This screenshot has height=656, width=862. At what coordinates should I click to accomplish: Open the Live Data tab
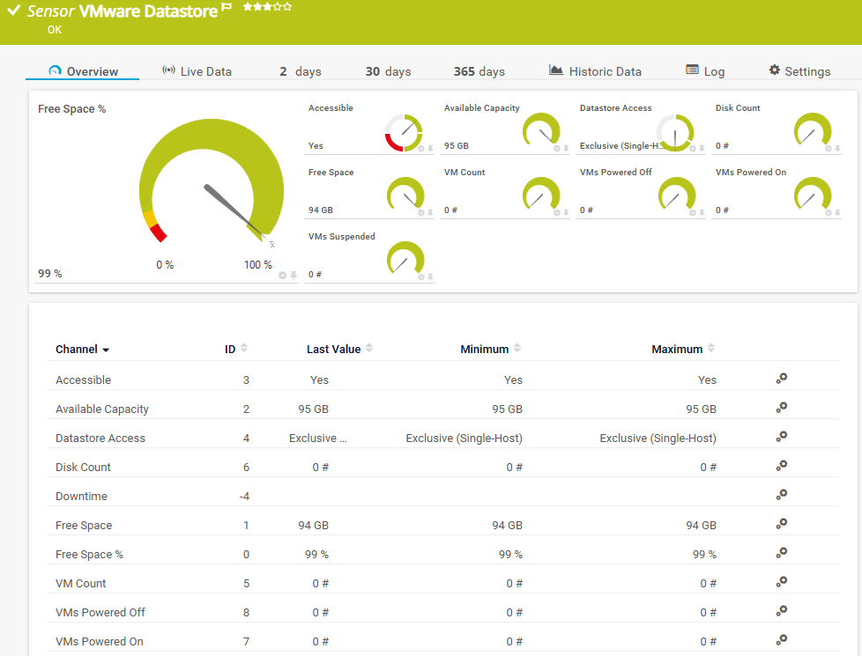point(197,71)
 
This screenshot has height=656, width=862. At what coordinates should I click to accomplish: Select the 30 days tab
point(388,71)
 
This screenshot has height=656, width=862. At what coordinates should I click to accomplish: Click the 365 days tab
point(479,71)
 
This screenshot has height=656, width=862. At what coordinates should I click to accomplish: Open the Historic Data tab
point(595,71)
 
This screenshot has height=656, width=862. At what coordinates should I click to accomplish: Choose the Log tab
point(705,71)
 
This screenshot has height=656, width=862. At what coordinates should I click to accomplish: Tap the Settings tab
point(799,71)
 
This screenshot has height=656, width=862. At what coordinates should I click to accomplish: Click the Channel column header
point(77,349)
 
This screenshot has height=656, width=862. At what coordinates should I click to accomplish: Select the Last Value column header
point(334,349)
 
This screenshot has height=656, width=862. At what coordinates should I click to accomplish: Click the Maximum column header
point(677,349)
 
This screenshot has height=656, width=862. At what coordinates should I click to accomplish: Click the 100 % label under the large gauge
point(258,265)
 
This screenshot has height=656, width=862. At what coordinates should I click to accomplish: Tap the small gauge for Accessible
point(404,132)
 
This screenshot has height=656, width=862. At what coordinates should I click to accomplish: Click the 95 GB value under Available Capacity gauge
point(457,145)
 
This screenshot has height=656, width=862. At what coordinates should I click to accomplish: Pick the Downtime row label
point(81,496)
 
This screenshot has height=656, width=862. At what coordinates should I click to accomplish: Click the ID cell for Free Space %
point(246,555)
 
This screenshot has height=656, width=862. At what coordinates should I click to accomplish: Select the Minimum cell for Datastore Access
point(464,438)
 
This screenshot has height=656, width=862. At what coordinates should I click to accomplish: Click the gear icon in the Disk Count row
point(781,466)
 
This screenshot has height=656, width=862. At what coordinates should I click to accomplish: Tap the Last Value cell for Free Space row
point(314,525)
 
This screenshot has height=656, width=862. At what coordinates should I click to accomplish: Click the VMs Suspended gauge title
point(341,236)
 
